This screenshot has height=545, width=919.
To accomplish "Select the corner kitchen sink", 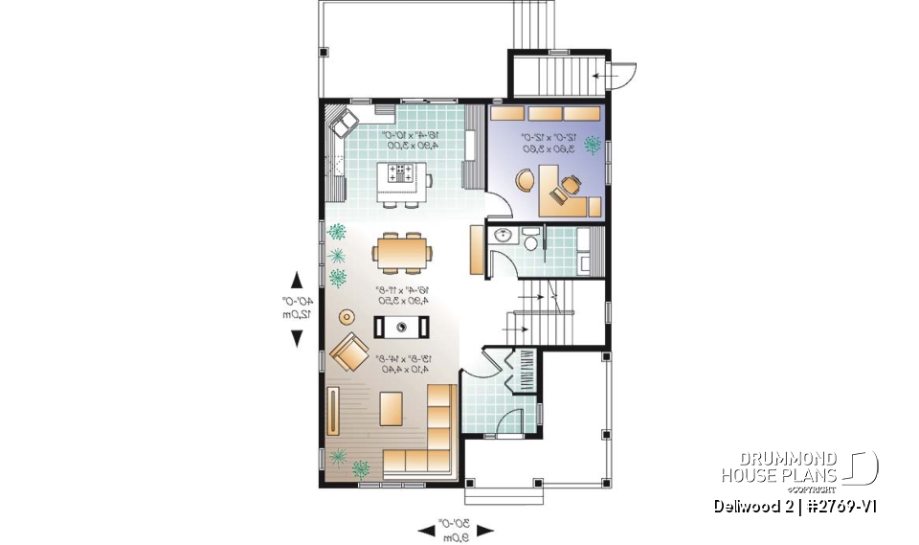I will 344,121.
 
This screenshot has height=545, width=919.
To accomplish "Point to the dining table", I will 402,253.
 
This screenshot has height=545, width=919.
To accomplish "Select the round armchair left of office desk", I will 526,180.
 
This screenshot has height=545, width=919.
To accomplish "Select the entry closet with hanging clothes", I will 526,371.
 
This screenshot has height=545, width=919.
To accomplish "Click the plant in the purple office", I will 592,147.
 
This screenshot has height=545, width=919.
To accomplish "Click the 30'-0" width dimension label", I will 457,527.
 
